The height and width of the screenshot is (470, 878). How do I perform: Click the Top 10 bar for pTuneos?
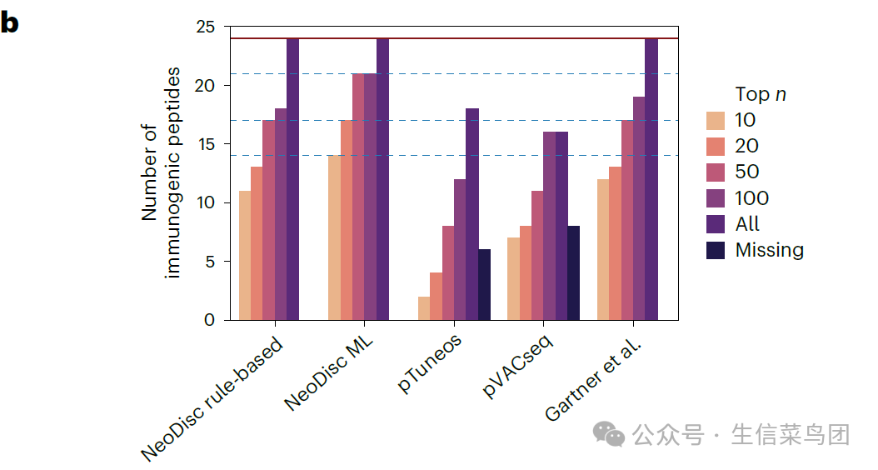(424, 308)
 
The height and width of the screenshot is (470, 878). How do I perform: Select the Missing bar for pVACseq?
(573, 272)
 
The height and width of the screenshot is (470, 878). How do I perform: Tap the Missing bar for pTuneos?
(484, 284)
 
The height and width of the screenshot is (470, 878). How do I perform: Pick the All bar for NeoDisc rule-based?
(292, 179)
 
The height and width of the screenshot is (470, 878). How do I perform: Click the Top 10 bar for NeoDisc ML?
(334, 237)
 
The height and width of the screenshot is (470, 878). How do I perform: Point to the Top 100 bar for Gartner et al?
(639, 208)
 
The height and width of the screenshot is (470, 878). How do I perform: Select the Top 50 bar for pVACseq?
(537, 255)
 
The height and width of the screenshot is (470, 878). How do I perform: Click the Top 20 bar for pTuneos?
(437, 296)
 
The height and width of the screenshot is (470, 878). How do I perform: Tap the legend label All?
(747, 224)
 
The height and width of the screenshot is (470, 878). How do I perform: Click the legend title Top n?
(761, 94)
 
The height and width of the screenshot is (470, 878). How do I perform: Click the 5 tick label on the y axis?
(209, 262)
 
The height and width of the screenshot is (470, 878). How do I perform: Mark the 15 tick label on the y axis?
(205, 144)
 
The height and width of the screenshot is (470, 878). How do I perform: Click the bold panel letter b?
(11, 22)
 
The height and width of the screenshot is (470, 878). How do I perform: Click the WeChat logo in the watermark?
(608, 433)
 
